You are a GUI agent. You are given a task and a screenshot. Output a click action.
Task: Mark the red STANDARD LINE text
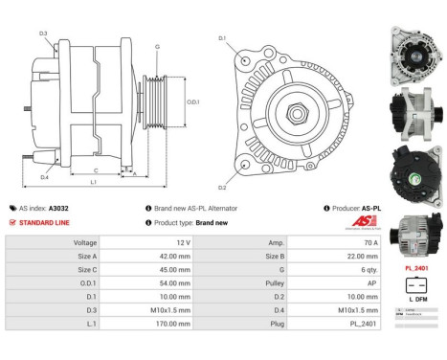pyautogui.click(x=48, y=222)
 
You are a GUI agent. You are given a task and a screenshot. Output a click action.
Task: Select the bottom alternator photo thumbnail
pyautogui.click(x=413, y=236)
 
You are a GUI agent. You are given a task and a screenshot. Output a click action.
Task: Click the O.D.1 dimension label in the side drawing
pyautogui.click(x=192, y=102)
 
